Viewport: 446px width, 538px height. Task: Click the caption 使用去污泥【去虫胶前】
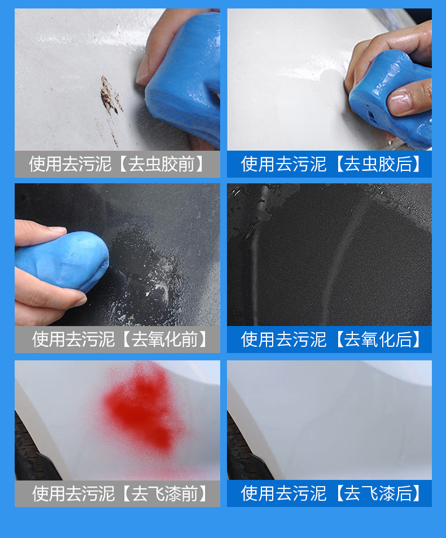pos(117,164)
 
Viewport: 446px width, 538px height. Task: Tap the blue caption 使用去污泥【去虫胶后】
pos(330,164)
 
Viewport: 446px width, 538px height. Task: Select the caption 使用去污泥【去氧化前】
pos(117,339)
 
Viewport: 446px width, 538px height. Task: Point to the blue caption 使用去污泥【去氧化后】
pos(330,339)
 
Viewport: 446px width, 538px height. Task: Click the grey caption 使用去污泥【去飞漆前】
pos(117,493)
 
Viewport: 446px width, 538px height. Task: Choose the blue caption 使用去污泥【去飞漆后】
pos(330,493)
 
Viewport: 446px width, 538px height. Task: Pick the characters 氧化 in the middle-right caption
pos(375,339)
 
